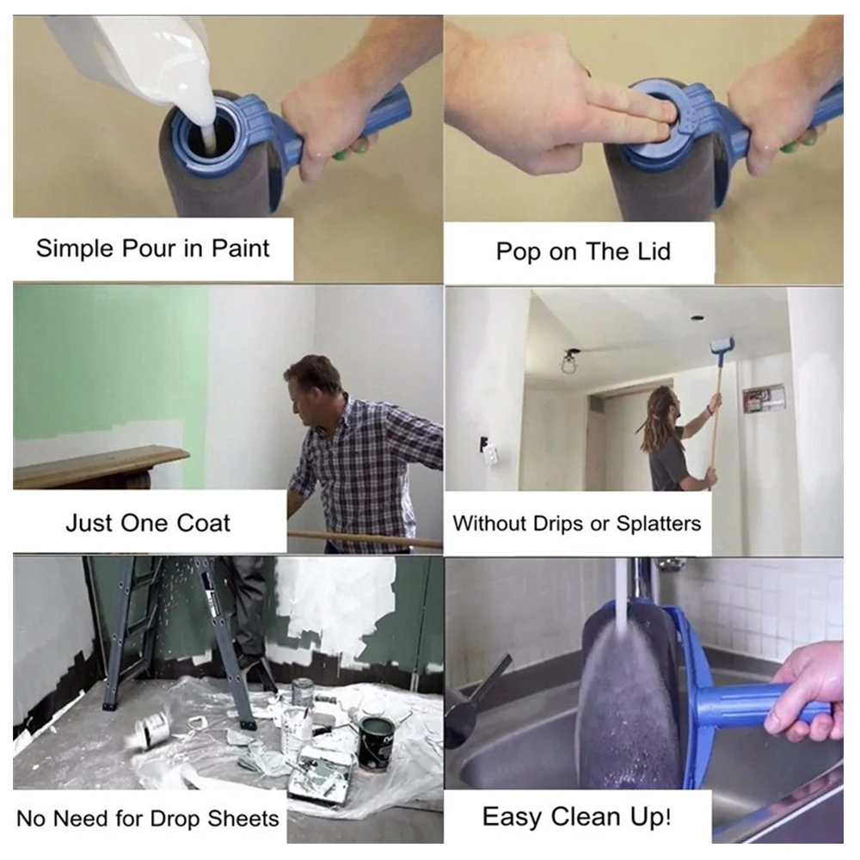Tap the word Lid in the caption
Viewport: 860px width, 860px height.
pos(654,252)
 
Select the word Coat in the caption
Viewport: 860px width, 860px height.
pos(204,523)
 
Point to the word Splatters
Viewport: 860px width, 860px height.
pos(659,524)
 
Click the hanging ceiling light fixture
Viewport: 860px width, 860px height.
pos(567,362)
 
